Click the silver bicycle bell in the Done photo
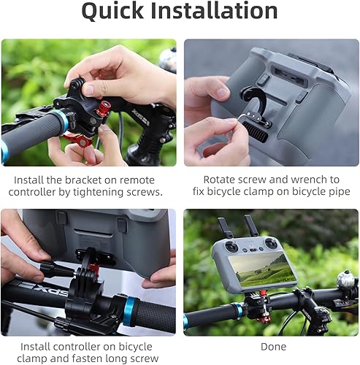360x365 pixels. [x=346, y=279]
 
